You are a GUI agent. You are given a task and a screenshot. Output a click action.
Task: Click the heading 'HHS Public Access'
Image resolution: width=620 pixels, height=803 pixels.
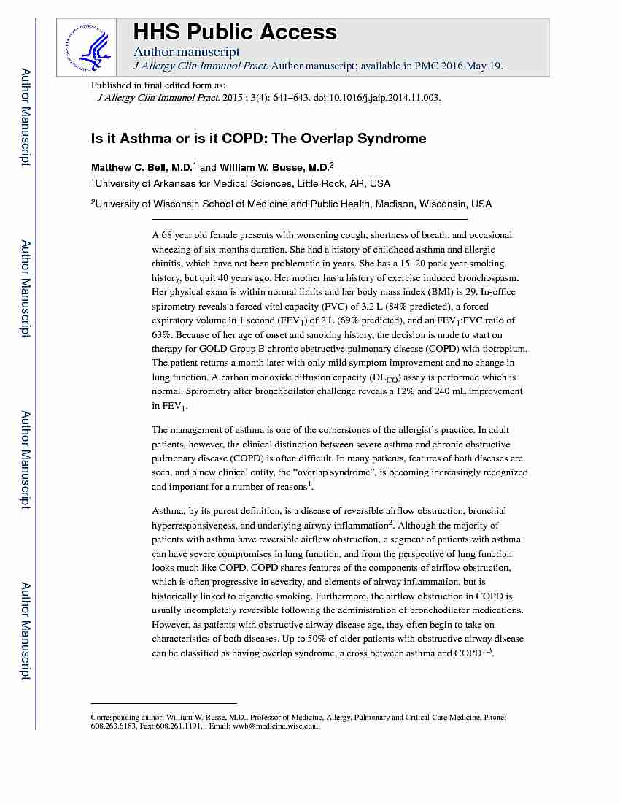coord(234,32)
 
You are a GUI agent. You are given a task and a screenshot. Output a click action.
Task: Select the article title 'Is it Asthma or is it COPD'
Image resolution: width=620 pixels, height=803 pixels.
coord(212,138)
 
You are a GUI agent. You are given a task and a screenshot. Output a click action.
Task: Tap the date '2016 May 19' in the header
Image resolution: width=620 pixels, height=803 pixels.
coord(473,66)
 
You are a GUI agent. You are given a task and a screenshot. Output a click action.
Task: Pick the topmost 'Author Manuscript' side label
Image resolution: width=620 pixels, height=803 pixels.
coord(26,117)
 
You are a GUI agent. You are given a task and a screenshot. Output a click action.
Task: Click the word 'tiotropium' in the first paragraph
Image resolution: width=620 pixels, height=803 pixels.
coord(503,349)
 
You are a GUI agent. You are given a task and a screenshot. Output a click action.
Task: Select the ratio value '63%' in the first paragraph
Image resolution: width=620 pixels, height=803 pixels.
coord(161,334)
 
